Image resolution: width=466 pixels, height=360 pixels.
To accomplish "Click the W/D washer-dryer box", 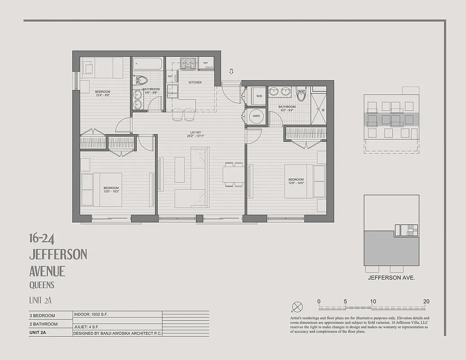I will (259, 96).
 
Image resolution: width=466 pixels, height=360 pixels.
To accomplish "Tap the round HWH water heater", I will (257, 116).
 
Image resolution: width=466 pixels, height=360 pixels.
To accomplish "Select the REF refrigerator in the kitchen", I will (206, 63).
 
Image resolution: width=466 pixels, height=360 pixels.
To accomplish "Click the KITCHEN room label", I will (195, 82).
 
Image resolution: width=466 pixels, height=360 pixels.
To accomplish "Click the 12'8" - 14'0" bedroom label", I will (296, 181).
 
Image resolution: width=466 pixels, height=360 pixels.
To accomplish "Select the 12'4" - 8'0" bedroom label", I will (103, 93).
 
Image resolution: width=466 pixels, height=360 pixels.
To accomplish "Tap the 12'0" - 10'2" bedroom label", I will (111, 189).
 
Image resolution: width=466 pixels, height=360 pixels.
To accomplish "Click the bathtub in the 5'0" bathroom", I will (147, 63).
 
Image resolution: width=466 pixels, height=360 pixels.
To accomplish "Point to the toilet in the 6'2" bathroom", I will (301, 94).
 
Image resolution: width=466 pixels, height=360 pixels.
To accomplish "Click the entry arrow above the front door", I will (231, 71).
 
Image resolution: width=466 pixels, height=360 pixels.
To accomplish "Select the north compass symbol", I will (297, 307).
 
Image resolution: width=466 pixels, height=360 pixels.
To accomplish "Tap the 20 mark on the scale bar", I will (426, 301).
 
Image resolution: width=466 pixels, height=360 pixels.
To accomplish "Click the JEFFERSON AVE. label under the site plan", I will (391, 278).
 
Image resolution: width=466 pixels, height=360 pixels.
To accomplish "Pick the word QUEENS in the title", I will (41, 285).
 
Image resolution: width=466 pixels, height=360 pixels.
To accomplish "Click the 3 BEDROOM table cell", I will (42, 315).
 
